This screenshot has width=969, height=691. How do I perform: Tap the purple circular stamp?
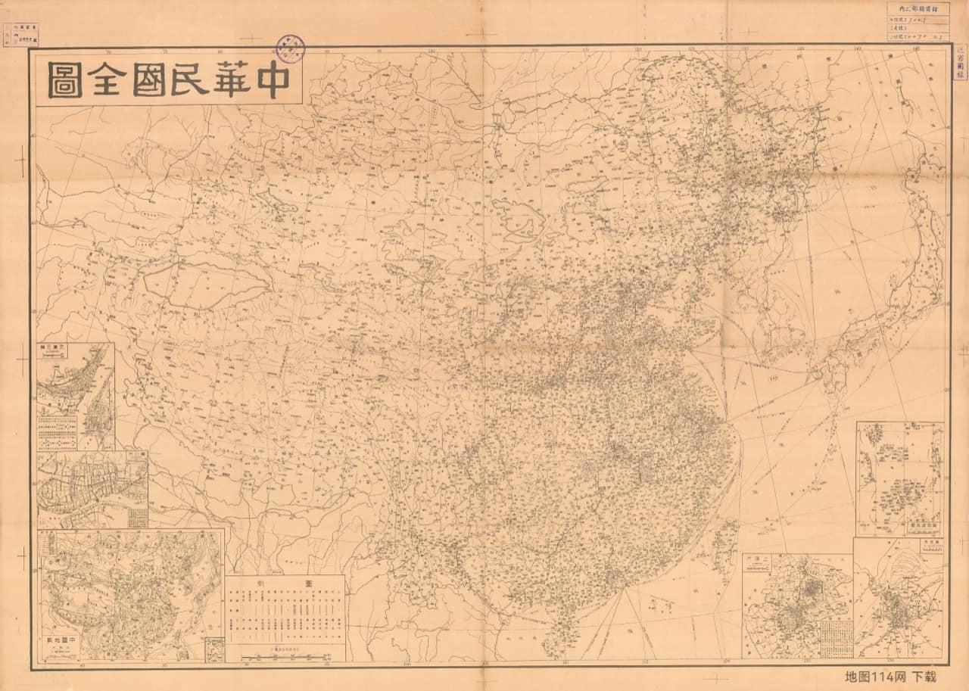[x=290, y=48]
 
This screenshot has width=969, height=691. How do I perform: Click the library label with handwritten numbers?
[x=918, y=23]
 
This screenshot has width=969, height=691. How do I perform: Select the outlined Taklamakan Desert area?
[x=204, y=282]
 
